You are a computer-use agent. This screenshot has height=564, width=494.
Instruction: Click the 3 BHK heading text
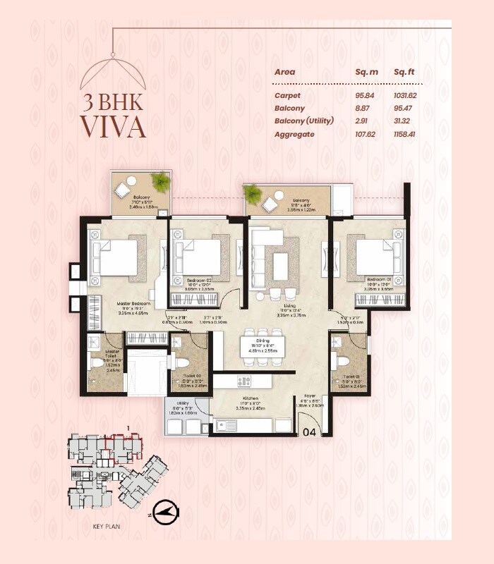(x=112, y=100)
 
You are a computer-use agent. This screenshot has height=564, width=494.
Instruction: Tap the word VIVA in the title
(x=112, y=126)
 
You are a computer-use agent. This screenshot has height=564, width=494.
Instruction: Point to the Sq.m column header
(x=367, y=72)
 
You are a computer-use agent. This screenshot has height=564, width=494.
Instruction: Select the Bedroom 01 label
(x=378, y=280)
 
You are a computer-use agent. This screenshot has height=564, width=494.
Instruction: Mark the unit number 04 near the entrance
(x=308, y=431)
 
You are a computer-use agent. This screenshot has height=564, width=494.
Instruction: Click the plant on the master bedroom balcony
(x=161, y=182)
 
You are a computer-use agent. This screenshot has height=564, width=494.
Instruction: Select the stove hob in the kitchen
(x=244, y=381)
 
